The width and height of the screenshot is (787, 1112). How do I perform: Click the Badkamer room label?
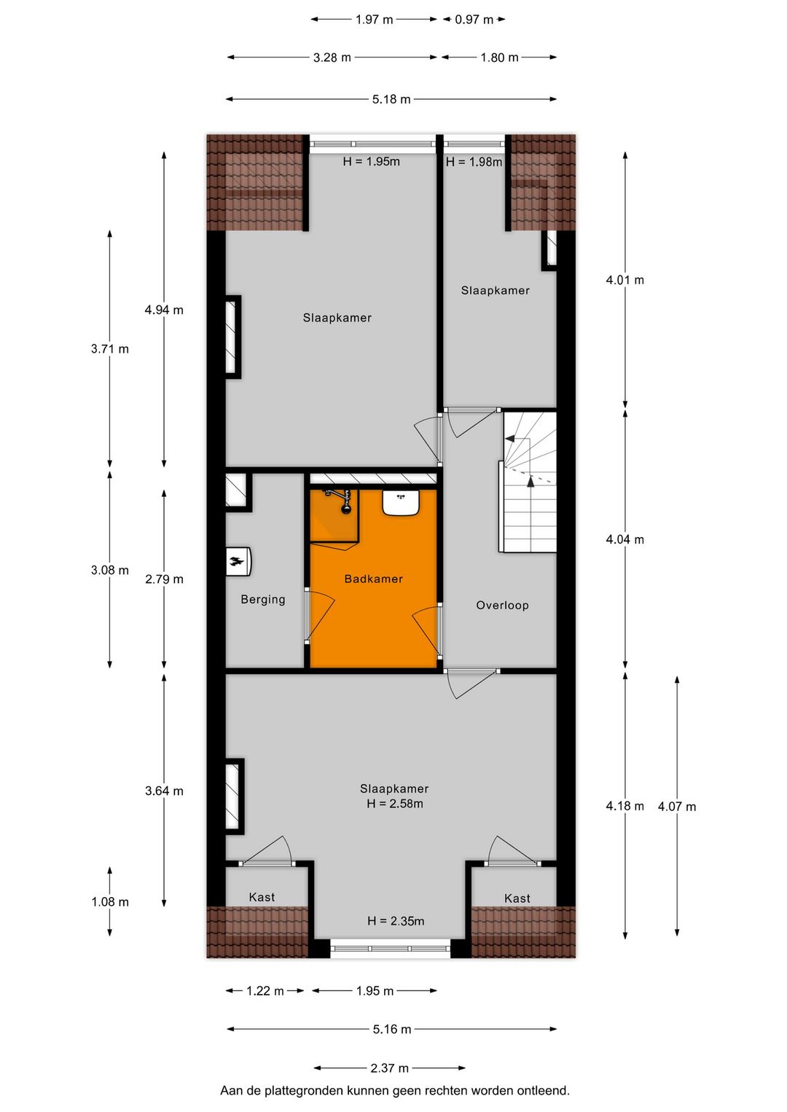[373, 579]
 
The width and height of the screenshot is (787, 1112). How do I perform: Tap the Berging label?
[263, 599]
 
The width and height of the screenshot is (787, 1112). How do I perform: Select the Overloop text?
[502, 605]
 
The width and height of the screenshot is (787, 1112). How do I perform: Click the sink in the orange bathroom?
[400, 502]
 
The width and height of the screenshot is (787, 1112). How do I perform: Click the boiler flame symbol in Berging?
[238, 561]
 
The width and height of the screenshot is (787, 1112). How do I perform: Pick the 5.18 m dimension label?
[391, 99]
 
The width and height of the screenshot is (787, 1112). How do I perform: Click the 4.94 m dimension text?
[164, 310]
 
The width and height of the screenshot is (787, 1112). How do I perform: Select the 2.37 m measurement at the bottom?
[389, 1068]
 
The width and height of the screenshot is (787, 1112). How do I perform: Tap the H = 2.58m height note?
[395, 804]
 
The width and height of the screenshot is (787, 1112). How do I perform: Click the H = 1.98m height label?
[474, 162]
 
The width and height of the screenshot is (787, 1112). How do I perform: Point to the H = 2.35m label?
[396, 921]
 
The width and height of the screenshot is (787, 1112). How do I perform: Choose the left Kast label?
[262, 897]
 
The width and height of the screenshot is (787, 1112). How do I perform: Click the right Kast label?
[517, 898]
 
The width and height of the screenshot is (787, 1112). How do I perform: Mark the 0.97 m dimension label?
[474, 20]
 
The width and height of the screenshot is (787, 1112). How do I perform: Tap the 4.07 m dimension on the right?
[677, 807]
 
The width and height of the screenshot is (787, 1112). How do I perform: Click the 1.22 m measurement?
[265, 990]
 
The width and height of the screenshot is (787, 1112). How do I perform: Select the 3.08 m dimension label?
[110, 570]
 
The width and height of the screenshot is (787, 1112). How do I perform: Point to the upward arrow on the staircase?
[530, 481]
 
